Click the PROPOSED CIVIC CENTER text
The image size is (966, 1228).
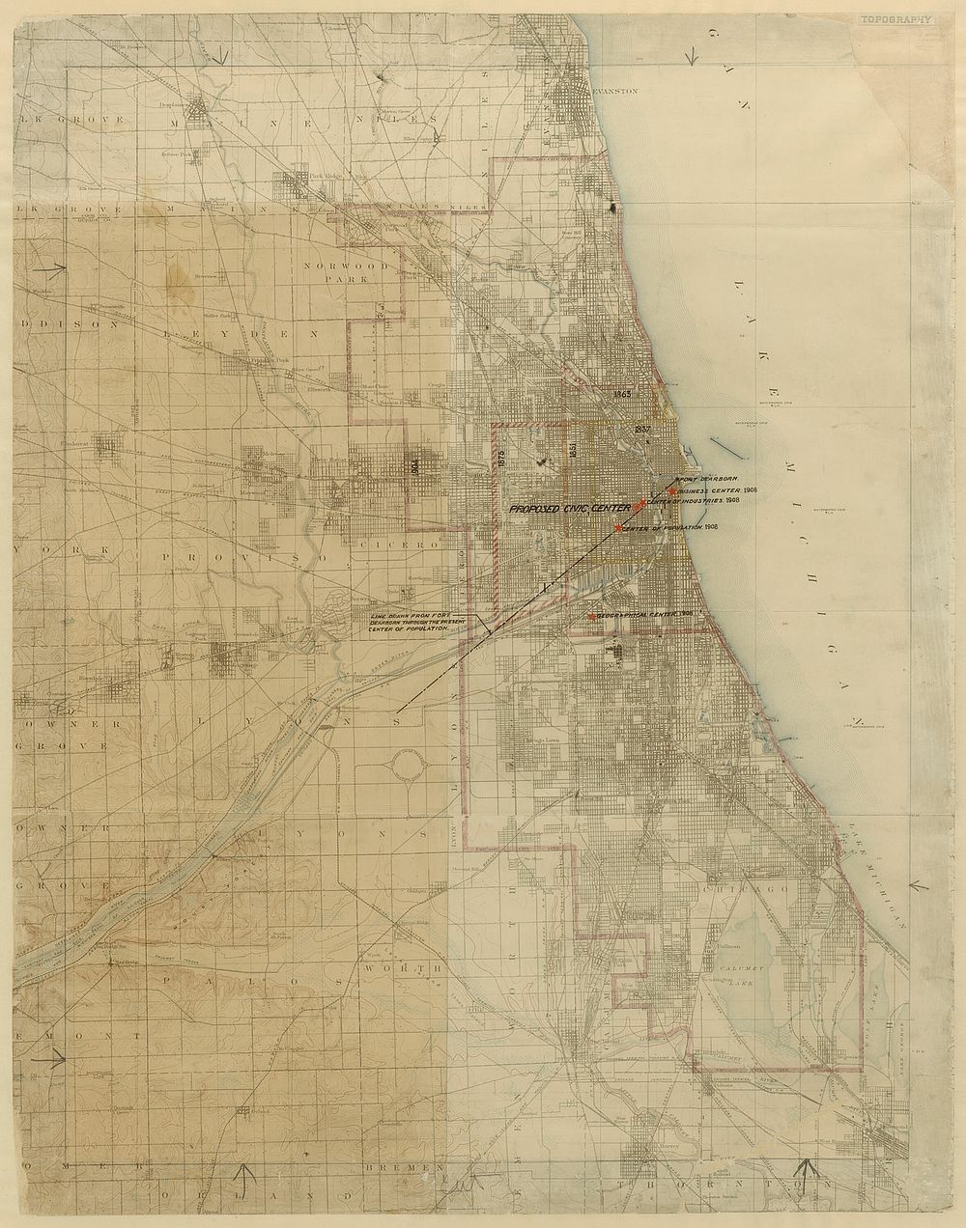(x=570, y=507)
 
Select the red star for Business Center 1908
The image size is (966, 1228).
(x=671, y=491)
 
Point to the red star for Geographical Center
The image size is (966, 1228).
(x=590, y=616)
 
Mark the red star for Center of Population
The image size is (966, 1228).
(x=618, y=528)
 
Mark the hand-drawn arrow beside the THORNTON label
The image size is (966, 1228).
(x=810, y=1169)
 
